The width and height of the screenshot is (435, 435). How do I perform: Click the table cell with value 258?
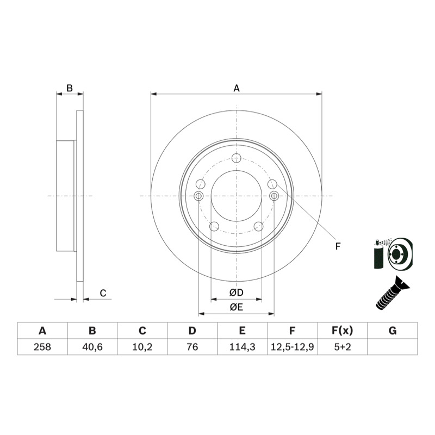(x=42, y=347)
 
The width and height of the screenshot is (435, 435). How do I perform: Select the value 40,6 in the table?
(x=92, y=347)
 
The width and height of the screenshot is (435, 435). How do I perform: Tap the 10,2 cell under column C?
(x=142, y=347)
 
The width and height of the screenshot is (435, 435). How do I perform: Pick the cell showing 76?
(x=192, y=347)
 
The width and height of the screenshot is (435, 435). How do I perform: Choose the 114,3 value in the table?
(x=242, y=347)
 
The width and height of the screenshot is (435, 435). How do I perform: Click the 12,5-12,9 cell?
(x=292, y=347)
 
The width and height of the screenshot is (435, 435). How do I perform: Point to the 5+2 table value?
(x=343, y=347)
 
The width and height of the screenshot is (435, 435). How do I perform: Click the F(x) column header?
(x=343, y=331)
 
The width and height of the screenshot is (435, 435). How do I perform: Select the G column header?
(x=393, y=331)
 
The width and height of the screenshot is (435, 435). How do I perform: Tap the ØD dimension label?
(x=237, y=293)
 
